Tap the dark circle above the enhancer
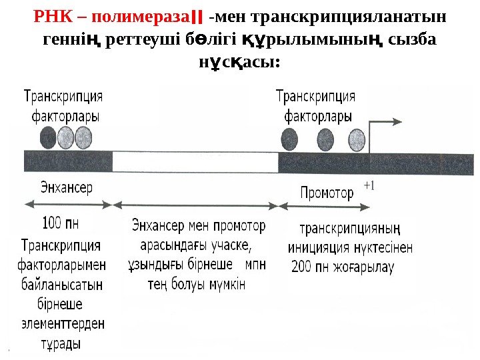click(48, 137)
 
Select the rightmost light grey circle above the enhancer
click(83, 137)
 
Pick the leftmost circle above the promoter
click(289, 139)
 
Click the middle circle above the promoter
click(325, 139)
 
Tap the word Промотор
click(326, 194)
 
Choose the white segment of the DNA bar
click(195, 162)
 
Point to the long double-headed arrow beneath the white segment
click(195, 204)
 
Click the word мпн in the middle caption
click(256, 264)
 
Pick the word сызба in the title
click(413, 39)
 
